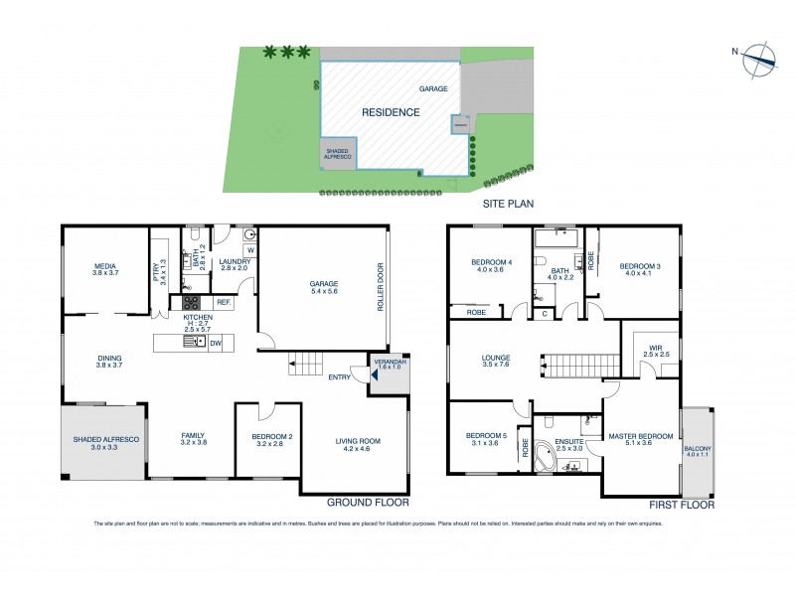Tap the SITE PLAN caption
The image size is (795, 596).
click(509, 204)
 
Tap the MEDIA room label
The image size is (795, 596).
click(106, 266)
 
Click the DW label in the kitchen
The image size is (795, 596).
click(214, 342)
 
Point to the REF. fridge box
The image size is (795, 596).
click(223, 302)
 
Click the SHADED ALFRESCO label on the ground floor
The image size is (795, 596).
click(103, 440)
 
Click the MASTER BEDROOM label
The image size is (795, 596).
click(643, 436)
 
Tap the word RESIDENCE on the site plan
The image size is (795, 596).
click(390, 112)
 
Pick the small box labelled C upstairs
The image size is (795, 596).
click(545, 314)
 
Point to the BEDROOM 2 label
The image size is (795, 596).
click(267, 436)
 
